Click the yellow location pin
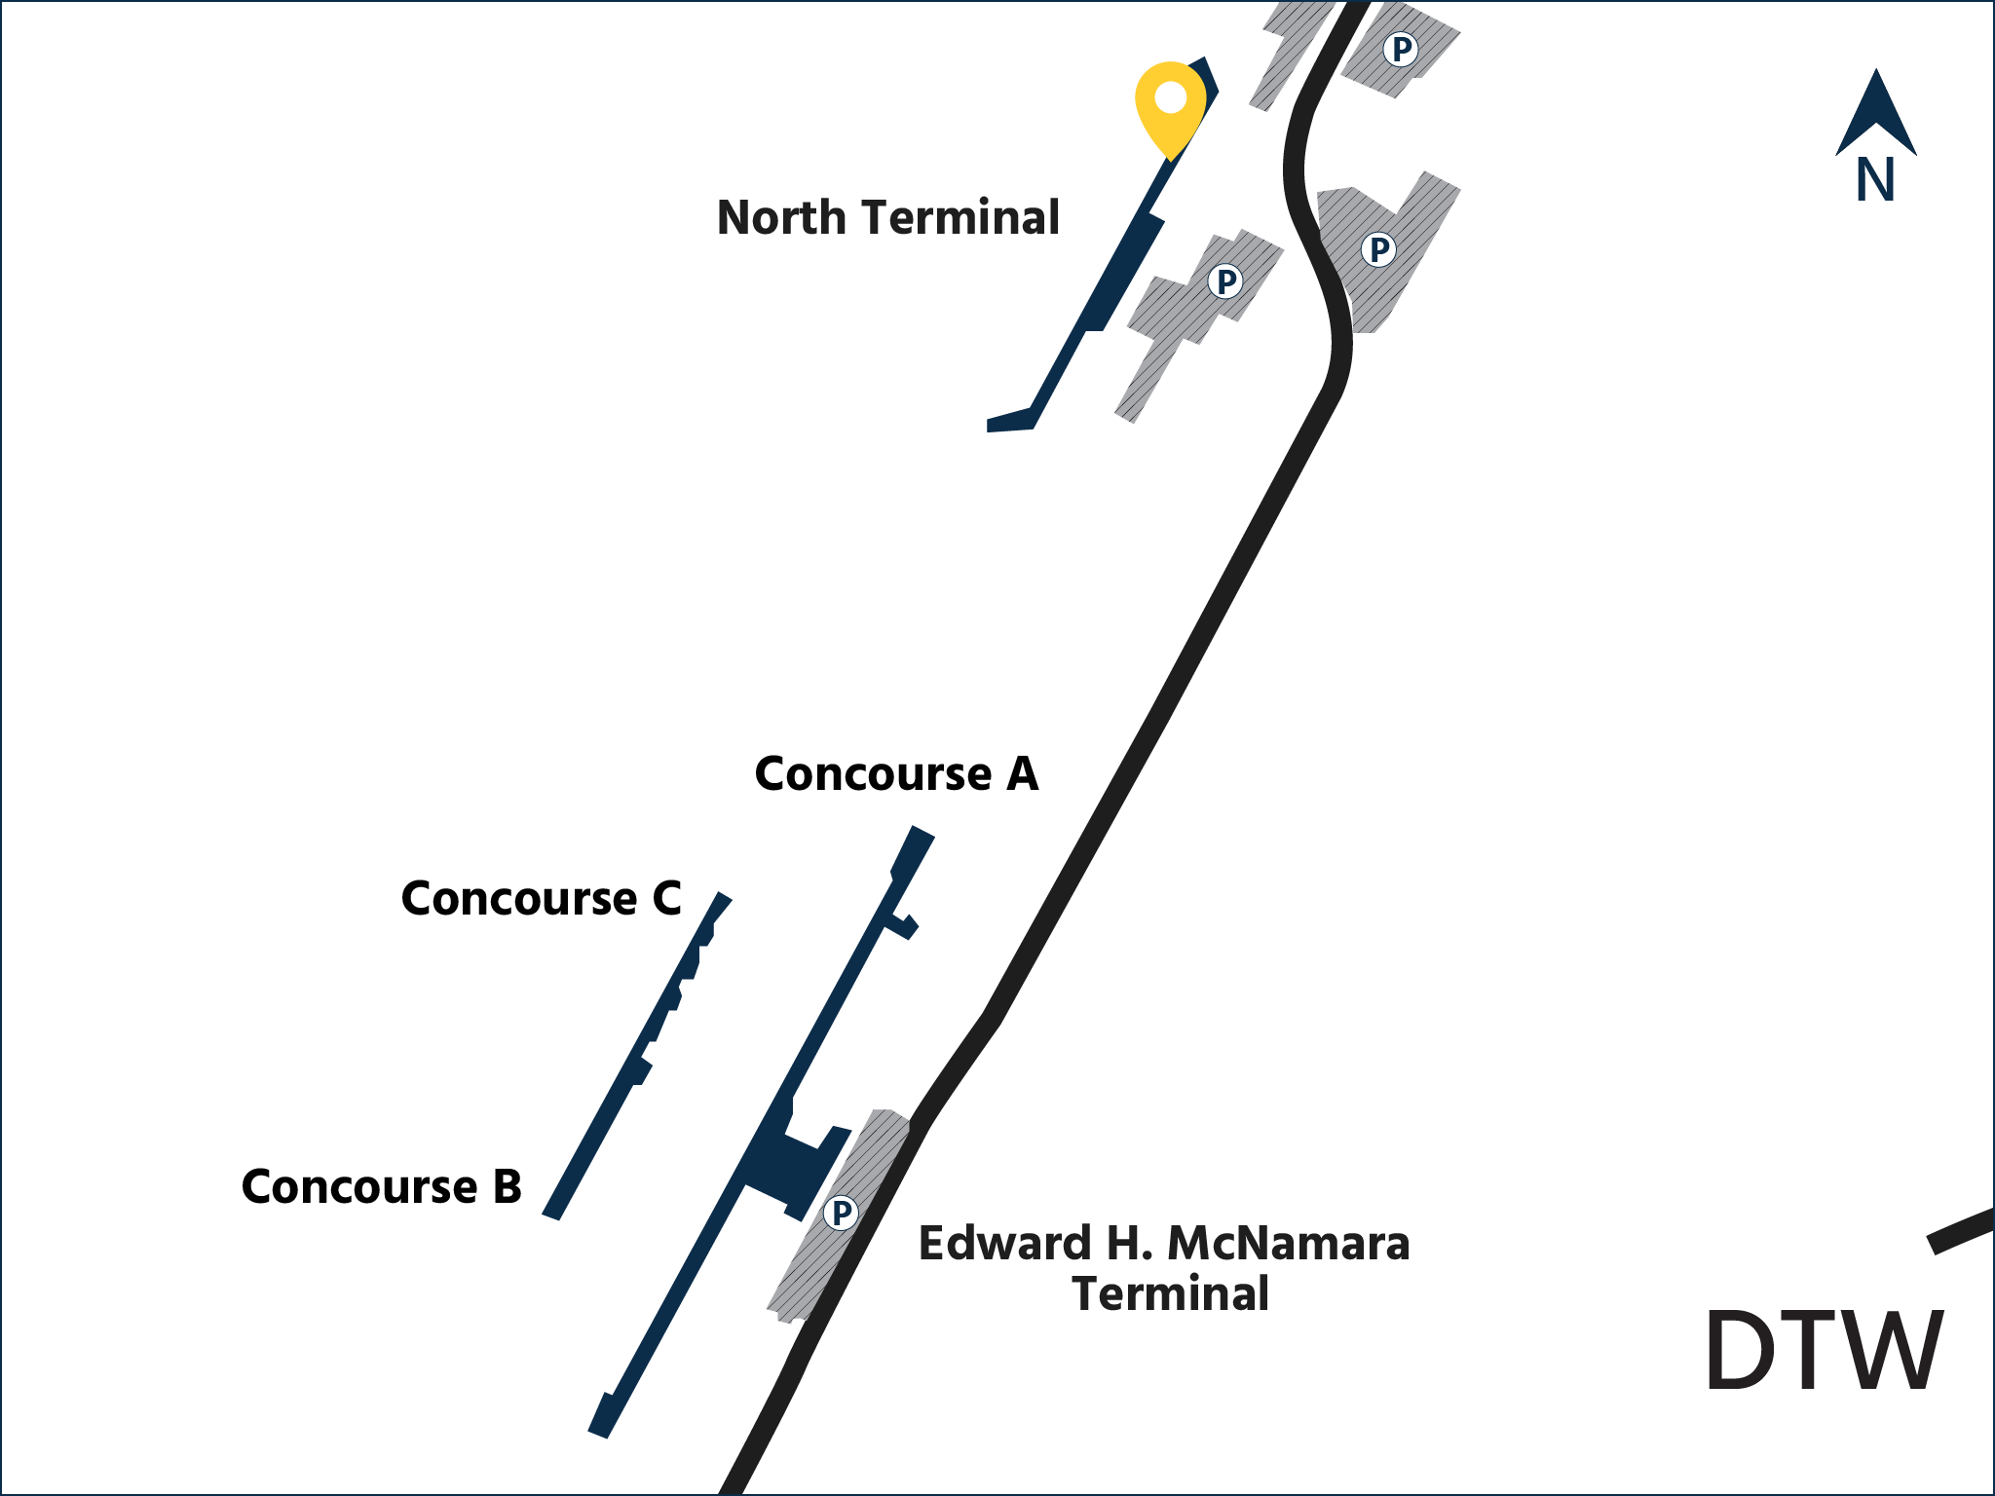pyautogui.click(x=1170, y=105)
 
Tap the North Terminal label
pyautogui.click(x=887, y=217)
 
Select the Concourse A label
pyautogui.click(x=896, y=774)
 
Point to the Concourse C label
pyautogui.click(x=542, y=898)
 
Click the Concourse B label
pyautogui.click(x=381, y=1186)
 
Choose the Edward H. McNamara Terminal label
pyautogui.click(x=1164, y=1267)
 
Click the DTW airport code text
pyautogui.click(x=1824, y=1351)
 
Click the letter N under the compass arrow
pyautogui.click(x=1875, y=180)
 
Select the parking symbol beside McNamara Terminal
pyautogui.click(x=840, y=1214)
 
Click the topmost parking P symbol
pyautogui.click(x=1401, y=49)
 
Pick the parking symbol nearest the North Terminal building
pyautogui.click(x=1225, y=281)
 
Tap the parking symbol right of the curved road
pyautogui.click(x=1378, y=250)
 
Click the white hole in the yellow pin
pyautogui.click(x=1170, y=97)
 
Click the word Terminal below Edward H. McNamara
pyautogui.click(x=1170, y=1293)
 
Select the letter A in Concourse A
pyautogui.click(x=1022, y=774)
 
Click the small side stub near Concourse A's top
pyautogui.click(x=902, y=925)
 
